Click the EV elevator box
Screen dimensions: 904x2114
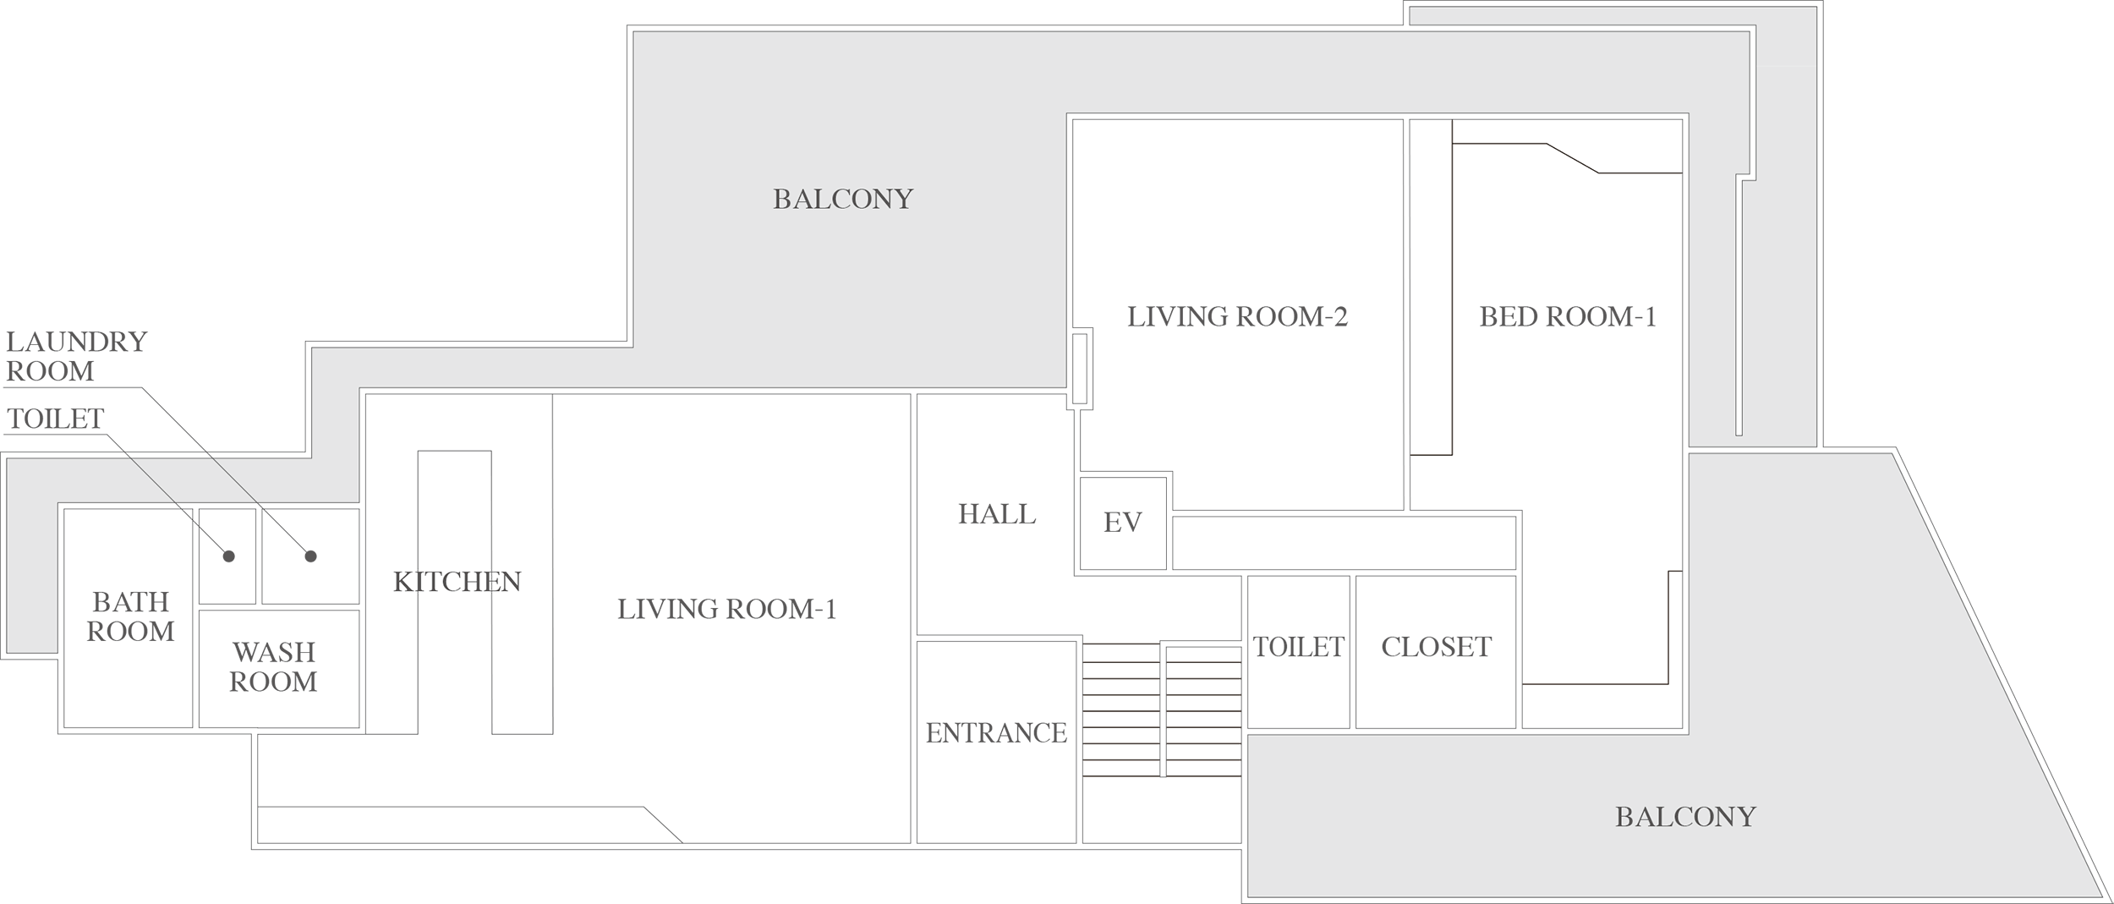1123,523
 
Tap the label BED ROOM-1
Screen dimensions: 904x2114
1567,317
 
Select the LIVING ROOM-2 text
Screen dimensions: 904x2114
1236,317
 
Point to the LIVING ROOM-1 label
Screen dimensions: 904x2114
726,609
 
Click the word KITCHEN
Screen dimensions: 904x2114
457,582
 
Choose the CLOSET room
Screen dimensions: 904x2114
1436,647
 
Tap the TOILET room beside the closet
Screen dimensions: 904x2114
1298,647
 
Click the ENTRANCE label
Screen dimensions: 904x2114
996,733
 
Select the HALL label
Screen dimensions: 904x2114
996,514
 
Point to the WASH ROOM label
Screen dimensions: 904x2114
273,667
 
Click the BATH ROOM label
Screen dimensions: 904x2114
130,616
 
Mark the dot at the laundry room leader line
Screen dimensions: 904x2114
310,556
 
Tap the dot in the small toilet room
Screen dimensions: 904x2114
228,556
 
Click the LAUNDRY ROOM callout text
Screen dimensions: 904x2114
76,356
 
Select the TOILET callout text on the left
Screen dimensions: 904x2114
55,419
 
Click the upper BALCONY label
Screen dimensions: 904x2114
843,200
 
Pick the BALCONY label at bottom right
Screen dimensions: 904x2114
1685,817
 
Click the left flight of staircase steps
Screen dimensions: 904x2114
1120,710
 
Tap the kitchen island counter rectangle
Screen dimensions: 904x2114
455,592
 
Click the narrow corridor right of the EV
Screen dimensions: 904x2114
1343,543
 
